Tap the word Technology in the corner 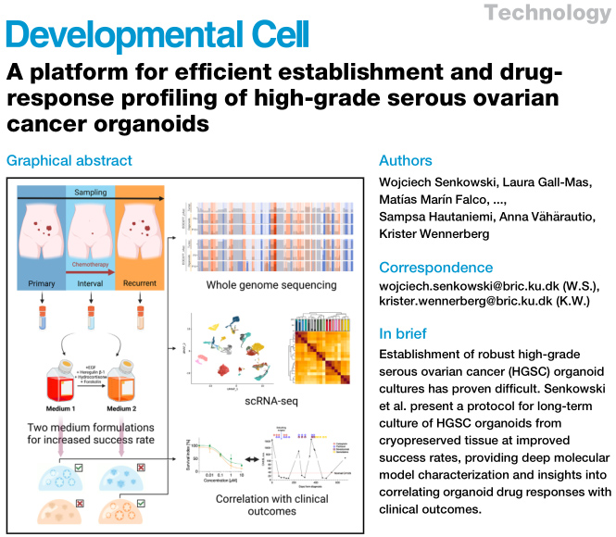[x=560, y=13]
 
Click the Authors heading [x=407, y=159]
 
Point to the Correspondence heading [x=435, y=268]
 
